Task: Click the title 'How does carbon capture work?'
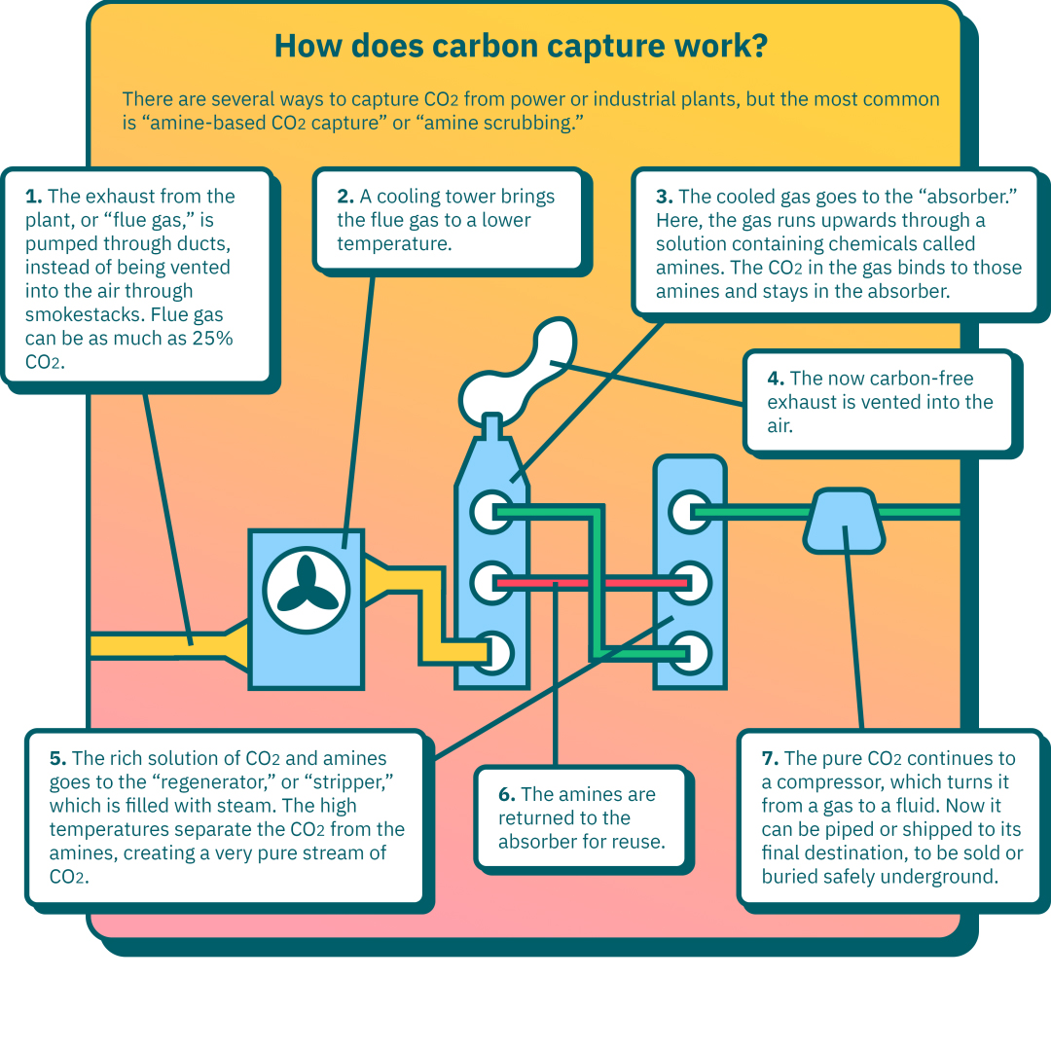(521, 47)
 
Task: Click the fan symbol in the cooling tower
(307, 590)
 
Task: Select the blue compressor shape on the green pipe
(844, 521)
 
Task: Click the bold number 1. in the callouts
(33, 197)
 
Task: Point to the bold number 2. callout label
(345, 197)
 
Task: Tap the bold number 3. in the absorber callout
(665, 197)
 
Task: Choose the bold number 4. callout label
(776, 379)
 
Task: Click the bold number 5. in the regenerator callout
(57, 758)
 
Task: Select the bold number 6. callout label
(507, 794)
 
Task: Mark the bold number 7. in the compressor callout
(770, 758)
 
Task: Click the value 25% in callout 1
(212, 339)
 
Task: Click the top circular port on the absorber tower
(492, 512)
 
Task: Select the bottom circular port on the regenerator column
(690, 654)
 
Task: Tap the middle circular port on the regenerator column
(690, 583)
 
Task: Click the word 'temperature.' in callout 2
(395, 244)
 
